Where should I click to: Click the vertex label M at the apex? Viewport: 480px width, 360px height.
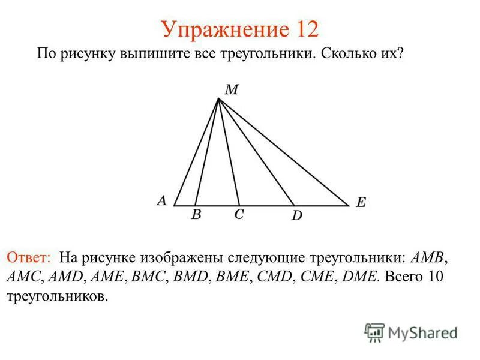click(232, 90)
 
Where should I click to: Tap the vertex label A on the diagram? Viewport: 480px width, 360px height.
click(161, 201)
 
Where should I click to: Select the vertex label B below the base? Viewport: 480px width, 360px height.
click(196, 215)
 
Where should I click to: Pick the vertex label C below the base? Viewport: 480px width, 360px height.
click(239, 214)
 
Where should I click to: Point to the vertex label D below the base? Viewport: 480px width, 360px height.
click(296, 215)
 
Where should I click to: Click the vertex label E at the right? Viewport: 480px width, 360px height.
click(361, 203)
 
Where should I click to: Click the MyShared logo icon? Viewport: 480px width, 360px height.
click(374, 332)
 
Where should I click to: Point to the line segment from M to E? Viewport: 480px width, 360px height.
click(282, 151)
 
